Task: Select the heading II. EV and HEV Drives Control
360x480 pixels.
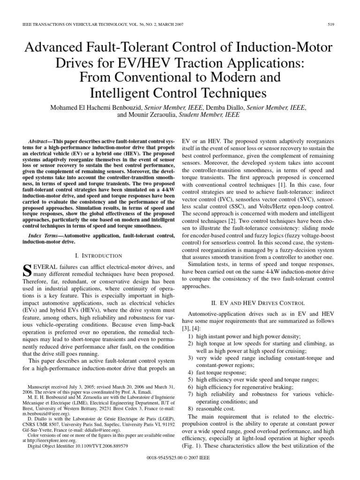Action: point(260,303)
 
